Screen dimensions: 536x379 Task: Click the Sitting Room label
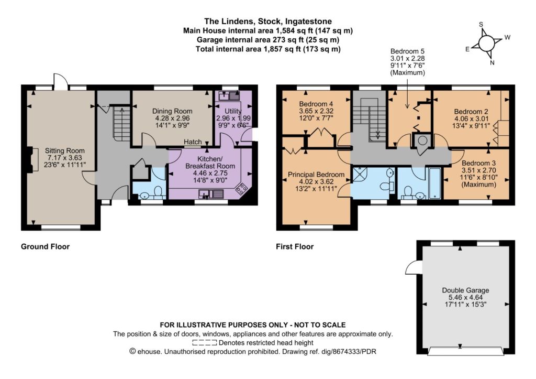(64, 150)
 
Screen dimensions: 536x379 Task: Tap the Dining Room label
(172, 111)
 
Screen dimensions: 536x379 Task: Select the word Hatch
(193, 142)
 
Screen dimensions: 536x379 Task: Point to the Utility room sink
(230, 95)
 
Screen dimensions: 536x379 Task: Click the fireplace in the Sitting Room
(32, 159)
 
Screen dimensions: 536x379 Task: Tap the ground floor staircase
(121, 123)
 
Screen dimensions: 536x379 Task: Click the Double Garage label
(465, 290)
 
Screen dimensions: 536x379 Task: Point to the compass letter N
(492, 63)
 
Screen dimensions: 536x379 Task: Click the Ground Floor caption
(45, 246)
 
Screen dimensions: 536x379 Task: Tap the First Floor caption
(295, 246)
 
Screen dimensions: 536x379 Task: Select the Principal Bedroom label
(316, 175)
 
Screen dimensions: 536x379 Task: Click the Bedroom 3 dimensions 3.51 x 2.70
(478, 170)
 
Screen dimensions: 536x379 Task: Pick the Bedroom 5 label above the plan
(407, 51)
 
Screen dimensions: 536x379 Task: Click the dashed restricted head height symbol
(205, 343)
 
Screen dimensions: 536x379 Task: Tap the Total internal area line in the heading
(268, 49)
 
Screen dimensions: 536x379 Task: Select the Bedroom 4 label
(316, 104)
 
